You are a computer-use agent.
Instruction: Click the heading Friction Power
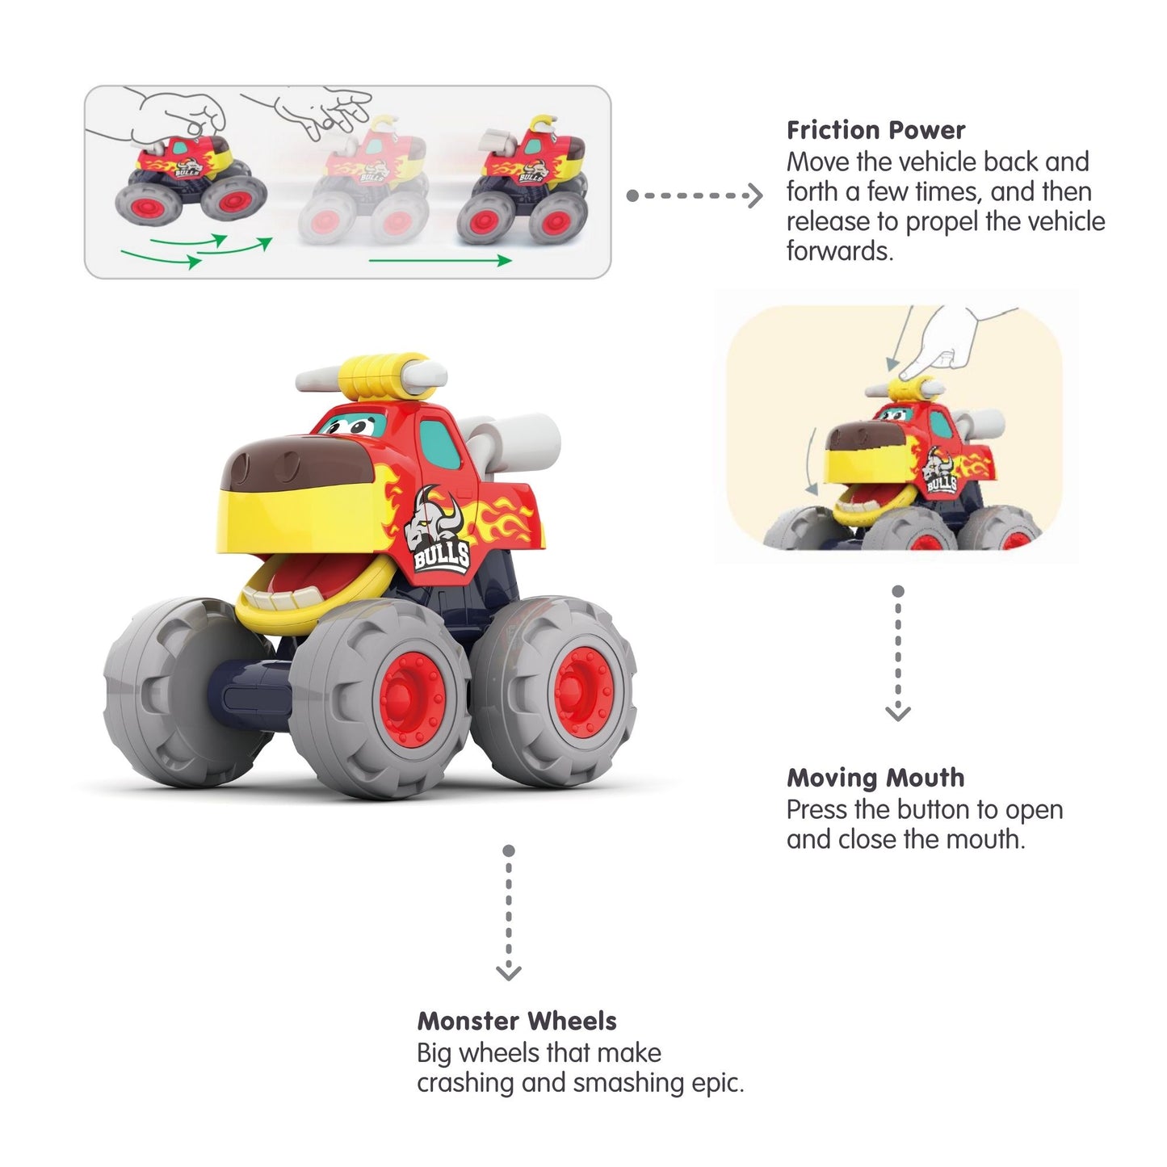click(875, 130)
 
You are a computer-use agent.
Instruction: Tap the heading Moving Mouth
click(875, 778)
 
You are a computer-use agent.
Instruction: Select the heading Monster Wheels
click(516, 1021)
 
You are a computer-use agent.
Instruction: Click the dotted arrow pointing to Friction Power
click(694, 195)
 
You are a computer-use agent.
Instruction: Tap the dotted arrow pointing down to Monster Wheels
click(508, 913)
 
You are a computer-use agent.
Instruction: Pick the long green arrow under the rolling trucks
click(439, 260)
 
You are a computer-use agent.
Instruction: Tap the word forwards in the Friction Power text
click(839, 251)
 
